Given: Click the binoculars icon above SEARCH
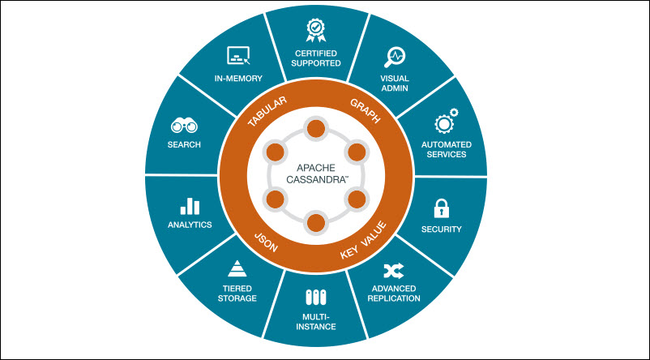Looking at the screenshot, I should [184, 126].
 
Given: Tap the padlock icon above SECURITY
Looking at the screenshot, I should [442, 208].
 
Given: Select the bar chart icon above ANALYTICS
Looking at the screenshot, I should [190, 206].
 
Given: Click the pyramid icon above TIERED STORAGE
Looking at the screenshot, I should [237, 268].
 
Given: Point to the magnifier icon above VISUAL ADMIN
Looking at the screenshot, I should [395, 56].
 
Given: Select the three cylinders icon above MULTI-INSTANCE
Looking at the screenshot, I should [315, 298].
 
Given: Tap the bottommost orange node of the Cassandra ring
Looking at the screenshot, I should [315, 223].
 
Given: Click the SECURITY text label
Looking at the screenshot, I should [442, 229].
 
